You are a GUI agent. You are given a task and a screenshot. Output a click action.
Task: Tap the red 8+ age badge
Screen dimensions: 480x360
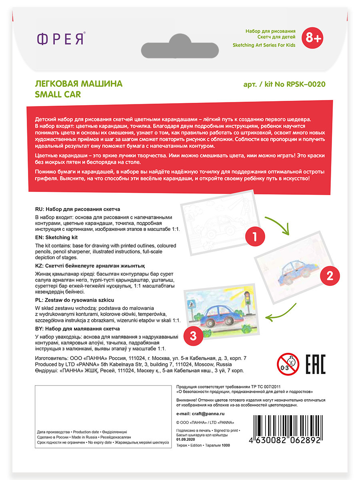pyautogui.click(x=312, y=38)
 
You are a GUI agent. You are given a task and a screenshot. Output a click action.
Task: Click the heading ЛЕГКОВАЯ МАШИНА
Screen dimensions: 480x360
pyautogui.click(x=79, y=84)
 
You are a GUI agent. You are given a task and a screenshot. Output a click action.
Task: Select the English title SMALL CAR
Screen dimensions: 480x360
pyautogui.click(x=58, y=94)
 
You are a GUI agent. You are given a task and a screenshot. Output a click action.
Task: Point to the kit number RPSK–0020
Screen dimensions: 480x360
pyautogui.click(x=304, y=84)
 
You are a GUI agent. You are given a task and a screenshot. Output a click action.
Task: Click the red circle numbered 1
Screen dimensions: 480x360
pyautogui.click(x=254, y=237)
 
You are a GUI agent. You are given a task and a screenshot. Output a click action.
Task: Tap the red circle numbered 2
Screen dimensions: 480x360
pyautogui.click(x=329, y=276)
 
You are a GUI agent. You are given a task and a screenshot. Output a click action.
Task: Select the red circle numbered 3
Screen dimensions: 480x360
pyautogui.click(x=194, y=336)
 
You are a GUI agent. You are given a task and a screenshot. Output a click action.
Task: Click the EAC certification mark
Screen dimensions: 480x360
pyautogui.click(x=316, y=364)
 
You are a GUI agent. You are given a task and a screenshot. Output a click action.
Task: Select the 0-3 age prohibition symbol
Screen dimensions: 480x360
pyautogui.click(x=288, y=364)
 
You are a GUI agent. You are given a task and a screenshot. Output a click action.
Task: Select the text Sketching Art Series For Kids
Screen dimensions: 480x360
pyautogui.click(x=264, y=45)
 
